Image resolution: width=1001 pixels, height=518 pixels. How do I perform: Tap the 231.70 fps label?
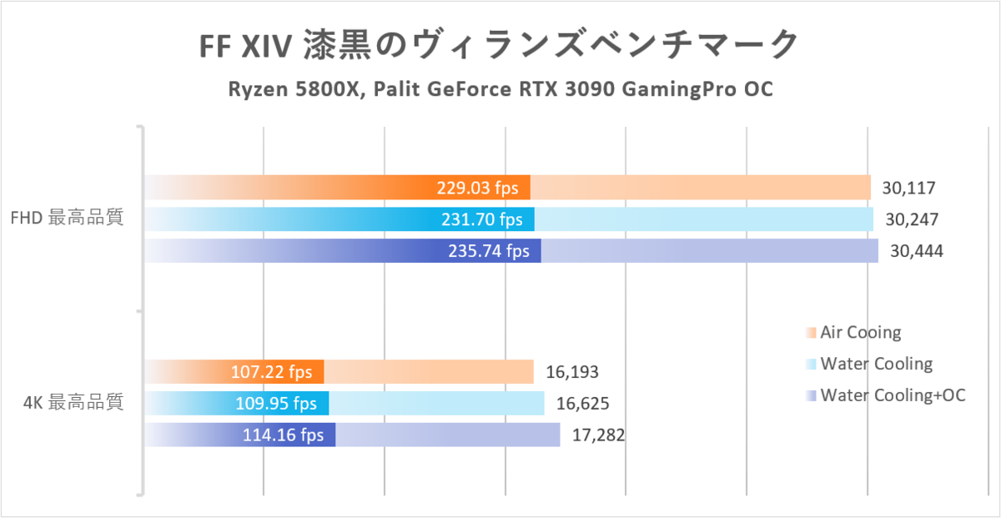click(x=481, y=219)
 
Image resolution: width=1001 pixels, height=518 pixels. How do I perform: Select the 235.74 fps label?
click(x=488, y=251)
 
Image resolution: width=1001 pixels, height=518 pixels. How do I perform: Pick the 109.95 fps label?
click(x=276, y=404)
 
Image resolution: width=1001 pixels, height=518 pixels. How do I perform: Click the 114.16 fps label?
click(x=283, y=435)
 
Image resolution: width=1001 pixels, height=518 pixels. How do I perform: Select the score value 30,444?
click(x=917, y=251)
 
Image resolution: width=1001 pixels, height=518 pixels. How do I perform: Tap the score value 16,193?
click(x=572, y=372)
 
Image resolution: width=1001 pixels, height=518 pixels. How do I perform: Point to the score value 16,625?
click(x=582, y=404)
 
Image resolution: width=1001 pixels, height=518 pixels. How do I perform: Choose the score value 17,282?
click(x=598, y=435)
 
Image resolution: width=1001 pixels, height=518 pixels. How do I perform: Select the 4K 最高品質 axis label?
click(x=74, y=403)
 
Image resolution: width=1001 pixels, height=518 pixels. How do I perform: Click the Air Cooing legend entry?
click(x=861, y=333)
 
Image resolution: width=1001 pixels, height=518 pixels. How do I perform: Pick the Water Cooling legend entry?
click(x=876, y=364)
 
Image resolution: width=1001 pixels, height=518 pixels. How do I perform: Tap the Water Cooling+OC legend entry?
click(x=893, y=395)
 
